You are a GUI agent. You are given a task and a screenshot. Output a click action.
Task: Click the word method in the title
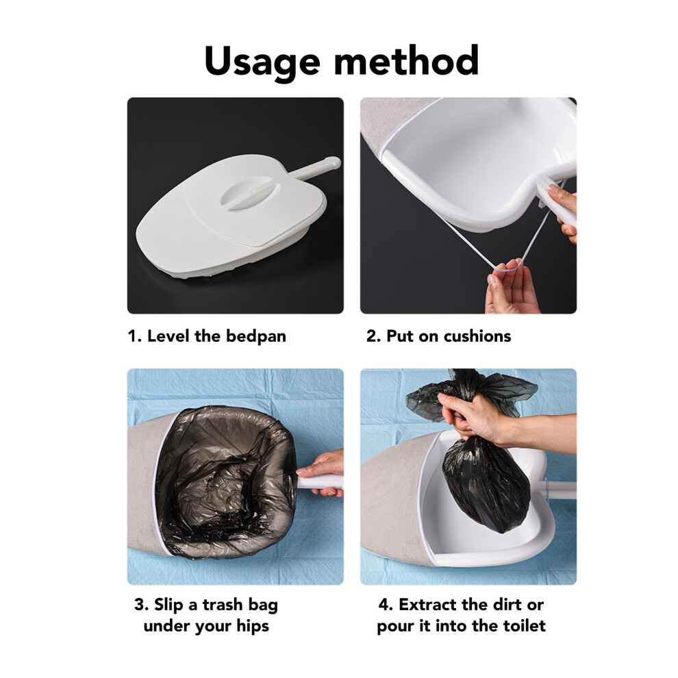tap(406, 60)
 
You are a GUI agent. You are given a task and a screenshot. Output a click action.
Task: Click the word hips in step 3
tap(252, 626)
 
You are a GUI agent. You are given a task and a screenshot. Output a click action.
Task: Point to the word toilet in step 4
tap(524, 625)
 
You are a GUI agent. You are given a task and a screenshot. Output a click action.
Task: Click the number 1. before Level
tap(134, 336)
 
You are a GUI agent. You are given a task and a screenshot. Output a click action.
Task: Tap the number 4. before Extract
tap(386, 605)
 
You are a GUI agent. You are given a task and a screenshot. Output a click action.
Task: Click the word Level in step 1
tap(168, 336)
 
